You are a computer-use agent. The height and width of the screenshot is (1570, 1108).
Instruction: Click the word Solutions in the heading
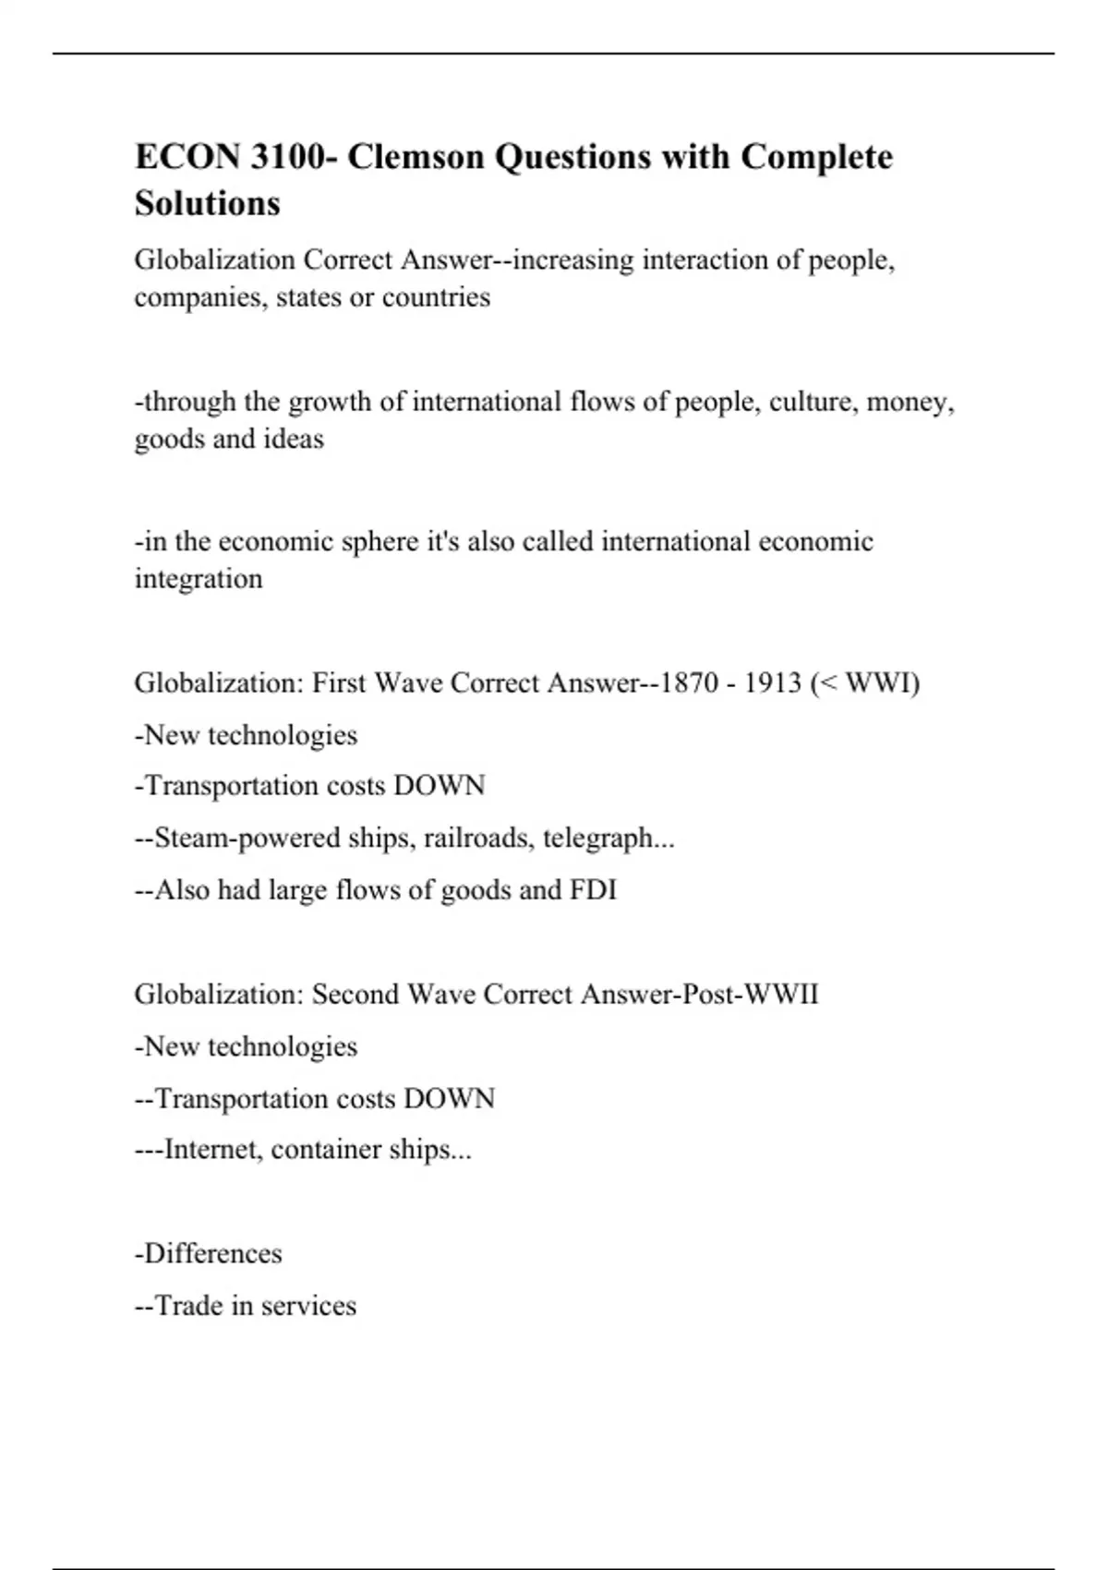click(208, 203)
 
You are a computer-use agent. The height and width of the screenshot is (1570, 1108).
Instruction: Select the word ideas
click(294, 439)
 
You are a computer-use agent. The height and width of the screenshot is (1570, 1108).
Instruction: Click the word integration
click(199, 579)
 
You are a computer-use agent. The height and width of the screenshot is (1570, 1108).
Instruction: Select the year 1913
click(773, 683)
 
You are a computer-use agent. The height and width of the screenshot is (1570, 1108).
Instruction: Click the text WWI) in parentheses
click(882, 683)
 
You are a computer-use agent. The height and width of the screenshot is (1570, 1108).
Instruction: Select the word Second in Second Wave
click(355, 995)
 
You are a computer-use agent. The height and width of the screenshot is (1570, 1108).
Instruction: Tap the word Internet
click(211, 1150)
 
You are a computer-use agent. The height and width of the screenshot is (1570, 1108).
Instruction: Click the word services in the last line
click(308, 1306)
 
